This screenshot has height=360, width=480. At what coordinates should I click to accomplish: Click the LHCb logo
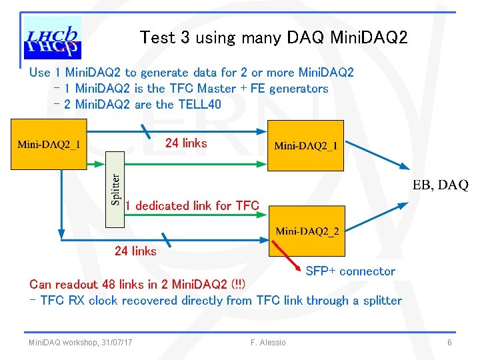point(53,39)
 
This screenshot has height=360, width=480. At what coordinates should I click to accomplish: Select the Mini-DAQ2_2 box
point(307,231)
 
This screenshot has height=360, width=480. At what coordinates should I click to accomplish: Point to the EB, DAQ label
point(441,185)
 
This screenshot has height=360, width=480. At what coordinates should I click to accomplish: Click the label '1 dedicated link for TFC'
point(192,206)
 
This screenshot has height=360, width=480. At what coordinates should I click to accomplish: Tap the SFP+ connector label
point(350,271)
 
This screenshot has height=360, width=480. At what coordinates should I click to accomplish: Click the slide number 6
point(450,343)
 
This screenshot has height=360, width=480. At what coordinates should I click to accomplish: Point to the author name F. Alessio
point(268,343)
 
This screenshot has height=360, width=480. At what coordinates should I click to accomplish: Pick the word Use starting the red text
point(40,73)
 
